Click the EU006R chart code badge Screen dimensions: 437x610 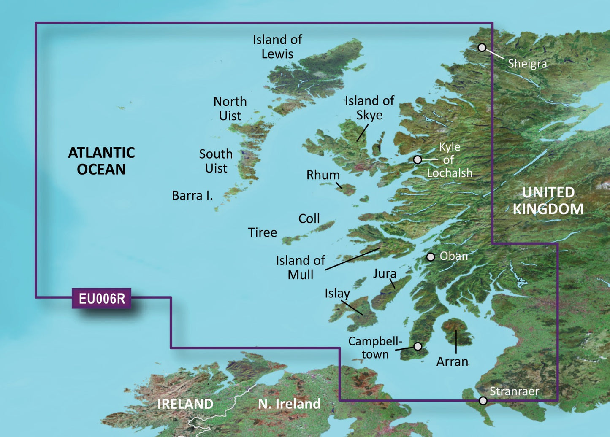pos(102,299)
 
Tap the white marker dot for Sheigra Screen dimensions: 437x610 pos(482,47)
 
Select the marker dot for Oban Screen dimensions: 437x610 pos(430,257)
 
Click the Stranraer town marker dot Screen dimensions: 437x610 pos(483,400)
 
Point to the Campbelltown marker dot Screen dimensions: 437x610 pos(418,346)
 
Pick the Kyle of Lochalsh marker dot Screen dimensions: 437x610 pos(417,159)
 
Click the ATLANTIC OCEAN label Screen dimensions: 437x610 pos(101,161)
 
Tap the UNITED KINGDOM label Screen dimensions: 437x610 pos(548,201)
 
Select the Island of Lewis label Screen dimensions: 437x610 pos(277,47)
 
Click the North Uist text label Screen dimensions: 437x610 pos(230,108)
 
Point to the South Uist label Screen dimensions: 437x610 pos(216,161)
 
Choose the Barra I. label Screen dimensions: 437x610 pos(192,196)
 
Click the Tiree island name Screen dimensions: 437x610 pos(262,232)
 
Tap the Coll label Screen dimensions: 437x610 pos(309,218)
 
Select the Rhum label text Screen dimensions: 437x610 pos(323,175)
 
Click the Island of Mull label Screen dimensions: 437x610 pos(300,267)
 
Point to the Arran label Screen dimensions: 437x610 pos(452,361)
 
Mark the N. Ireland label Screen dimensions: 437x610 pos(289,404)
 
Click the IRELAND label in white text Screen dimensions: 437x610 pos(185,404)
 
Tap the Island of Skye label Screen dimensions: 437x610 pos(369,108)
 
